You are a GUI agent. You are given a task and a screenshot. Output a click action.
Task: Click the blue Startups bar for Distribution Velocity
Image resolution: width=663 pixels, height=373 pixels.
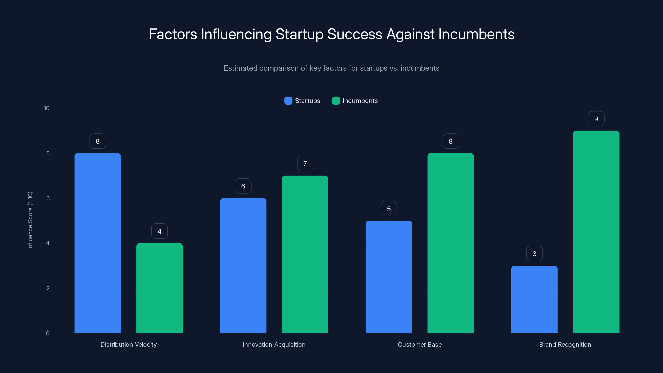(98, 243)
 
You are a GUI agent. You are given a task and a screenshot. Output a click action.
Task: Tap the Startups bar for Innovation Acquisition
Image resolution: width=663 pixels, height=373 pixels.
(243, 265)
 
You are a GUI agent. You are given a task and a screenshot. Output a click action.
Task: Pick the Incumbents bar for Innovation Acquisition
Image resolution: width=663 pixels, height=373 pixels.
(305, 254)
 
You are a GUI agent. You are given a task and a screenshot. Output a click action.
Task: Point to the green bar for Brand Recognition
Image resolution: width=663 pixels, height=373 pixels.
(596, 232)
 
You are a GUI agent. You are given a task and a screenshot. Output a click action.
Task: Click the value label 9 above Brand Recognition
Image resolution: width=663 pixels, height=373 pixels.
(596, 119)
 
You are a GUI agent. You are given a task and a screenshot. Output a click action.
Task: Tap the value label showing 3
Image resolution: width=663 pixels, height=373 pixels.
(534, 254)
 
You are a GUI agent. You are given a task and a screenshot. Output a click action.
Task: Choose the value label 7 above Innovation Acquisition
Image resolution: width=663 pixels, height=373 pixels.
(305, 164)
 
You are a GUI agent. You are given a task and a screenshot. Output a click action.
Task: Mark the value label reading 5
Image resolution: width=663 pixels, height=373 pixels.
(389, 209)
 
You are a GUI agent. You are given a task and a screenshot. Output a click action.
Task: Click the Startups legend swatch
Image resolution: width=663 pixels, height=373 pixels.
(288, 101)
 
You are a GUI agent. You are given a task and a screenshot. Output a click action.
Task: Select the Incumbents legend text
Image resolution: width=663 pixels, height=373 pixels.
(360, 101)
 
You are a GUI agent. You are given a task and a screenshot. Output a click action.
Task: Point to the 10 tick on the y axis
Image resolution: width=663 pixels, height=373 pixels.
(47, 108)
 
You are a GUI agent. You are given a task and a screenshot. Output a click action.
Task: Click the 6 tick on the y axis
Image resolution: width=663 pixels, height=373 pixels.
(48, 198)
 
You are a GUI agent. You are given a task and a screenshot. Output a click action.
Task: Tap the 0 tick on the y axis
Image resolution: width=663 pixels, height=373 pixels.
(48, 333)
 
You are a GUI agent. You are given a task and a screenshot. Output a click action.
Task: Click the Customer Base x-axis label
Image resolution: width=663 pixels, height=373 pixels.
(420, 344)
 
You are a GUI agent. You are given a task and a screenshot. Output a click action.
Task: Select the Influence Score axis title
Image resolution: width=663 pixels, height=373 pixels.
(30, 221)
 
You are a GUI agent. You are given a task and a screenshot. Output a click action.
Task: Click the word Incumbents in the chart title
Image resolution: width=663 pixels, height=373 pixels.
(476, 34)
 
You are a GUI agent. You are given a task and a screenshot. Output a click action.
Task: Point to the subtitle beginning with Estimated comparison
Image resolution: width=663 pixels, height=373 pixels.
(331, 68)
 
